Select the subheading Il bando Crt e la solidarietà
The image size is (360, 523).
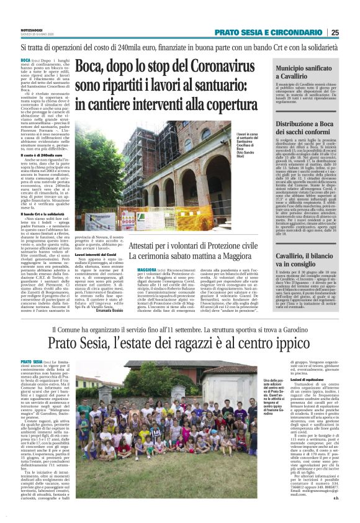43,214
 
